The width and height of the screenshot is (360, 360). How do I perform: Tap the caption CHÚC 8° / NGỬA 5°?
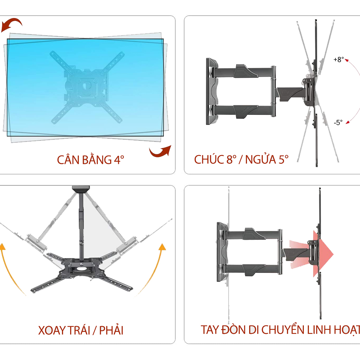coord(241,159)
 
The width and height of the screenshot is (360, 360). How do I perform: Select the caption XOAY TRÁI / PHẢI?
coord(81,330)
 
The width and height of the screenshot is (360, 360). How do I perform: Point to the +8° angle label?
coord(338,60)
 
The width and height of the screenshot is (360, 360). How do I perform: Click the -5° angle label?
coord(338,122)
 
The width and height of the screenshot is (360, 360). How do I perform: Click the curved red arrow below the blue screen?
coord(160,152)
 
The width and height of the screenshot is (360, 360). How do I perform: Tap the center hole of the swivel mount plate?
coord(83,267)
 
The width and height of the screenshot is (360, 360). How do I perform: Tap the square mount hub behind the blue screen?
coord(85,86)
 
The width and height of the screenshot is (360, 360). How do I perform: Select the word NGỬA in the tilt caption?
coord(261,159)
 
